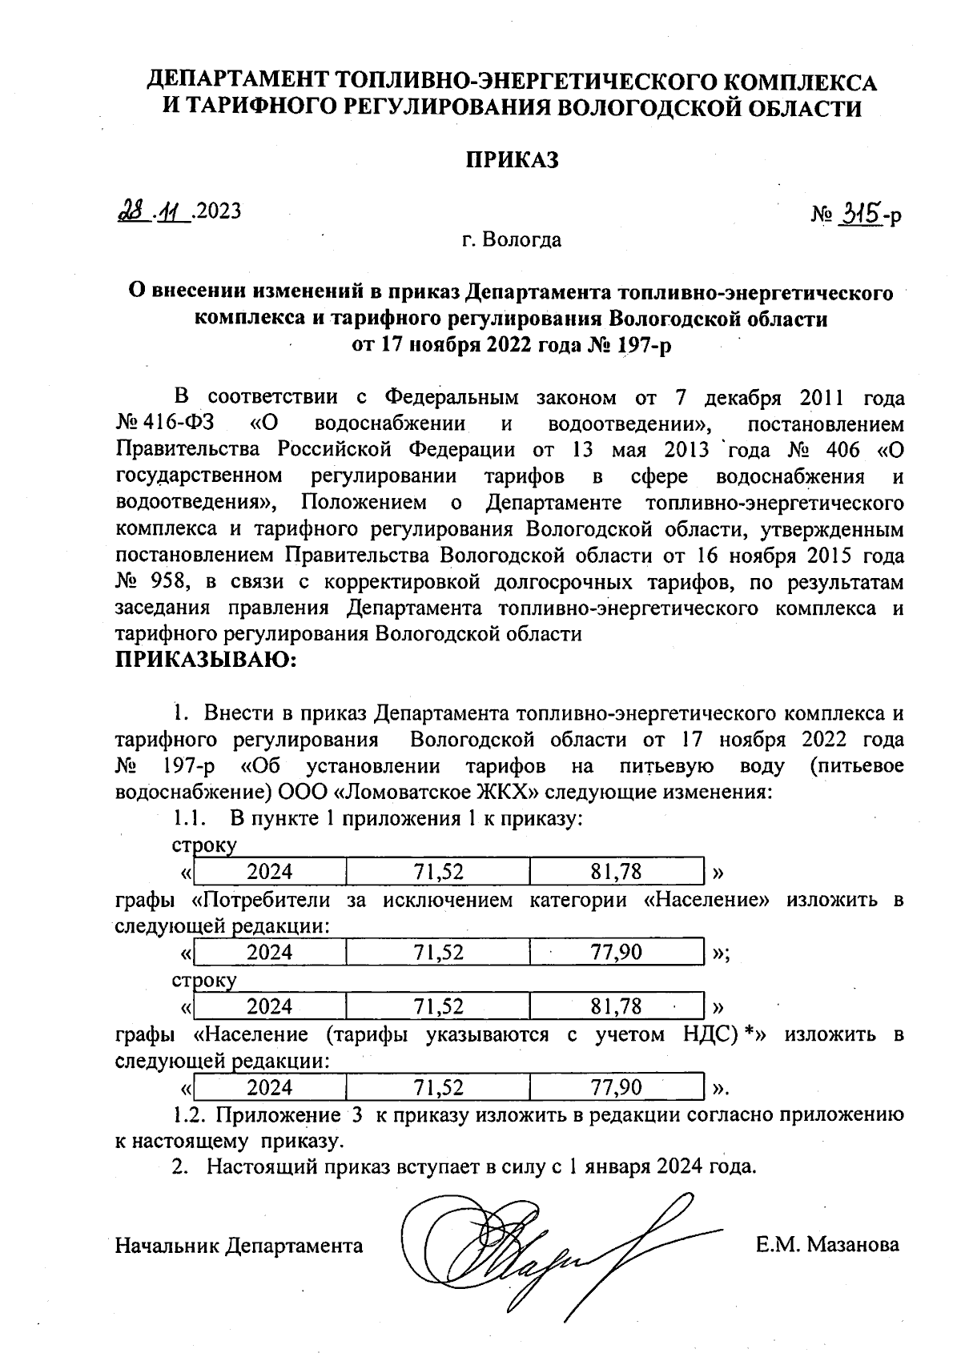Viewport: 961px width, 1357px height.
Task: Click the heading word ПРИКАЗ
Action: [513, 160]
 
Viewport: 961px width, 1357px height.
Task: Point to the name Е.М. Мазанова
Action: [826, 1245]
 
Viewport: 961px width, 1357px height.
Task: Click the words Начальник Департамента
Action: [239, 1246]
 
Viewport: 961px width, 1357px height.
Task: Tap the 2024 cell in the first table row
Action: [269, 872]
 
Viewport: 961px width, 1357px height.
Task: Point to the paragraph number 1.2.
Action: [189, 1114]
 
